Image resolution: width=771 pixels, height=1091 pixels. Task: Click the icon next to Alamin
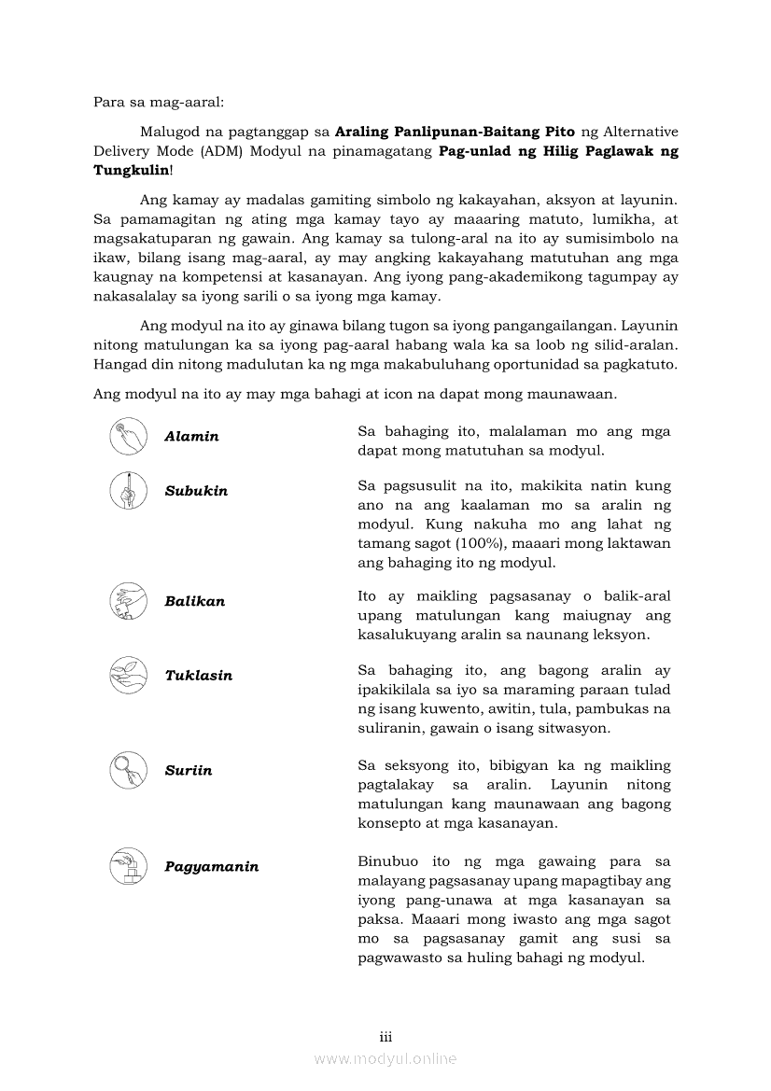click(x=128, y=437)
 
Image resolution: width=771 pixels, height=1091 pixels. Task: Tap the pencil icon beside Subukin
click(x=128, y=491)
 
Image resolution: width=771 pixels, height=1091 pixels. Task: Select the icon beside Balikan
click(x=128, y=601)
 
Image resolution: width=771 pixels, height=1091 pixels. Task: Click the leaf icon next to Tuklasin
click(x=128, y=675)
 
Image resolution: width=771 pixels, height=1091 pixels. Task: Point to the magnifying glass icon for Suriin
click(x=128, y=770)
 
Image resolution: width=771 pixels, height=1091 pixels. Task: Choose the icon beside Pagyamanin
click(x=128, y=866)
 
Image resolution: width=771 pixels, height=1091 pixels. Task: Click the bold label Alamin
click(x=191, y=437)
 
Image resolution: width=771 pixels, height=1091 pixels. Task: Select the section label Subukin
click(x=196, y=491)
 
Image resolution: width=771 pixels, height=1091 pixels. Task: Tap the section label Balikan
click(x=194, y=601)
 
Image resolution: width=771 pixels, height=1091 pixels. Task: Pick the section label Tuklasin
click(x=198, y=675)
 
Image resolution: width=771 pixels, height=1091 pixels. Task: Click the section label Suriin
click(x=188, y=770)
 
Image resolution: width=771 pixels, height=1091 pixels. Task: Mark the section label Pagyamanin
click(x=211, y=867)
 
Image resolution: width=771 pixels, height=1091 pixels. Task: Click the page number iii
click(x=385, y=1037)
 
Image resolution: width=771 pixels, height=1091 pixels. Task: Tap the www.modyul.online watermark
click(x=385, y=1058)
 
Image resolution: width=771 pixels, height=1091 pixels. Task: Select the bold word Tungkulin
click(x=131, y=170)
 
